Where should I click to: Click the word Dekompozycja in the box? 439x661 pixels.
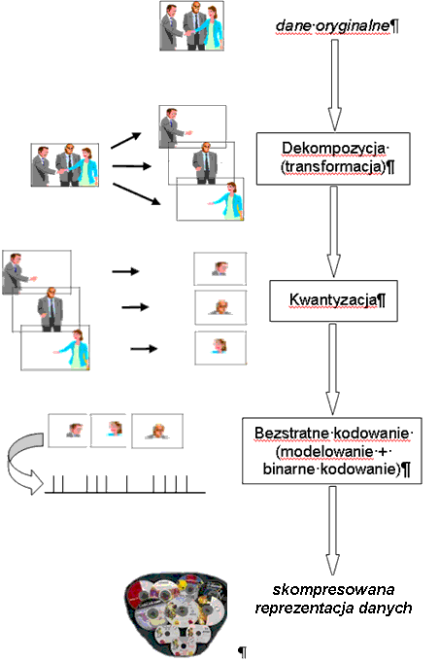point(333,149)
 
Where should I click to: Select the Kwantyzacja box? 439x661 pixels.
point(333,301)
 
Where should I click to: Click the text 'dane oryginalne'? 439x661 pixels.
point(333,26)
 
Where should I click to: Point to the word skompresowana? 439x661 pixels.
point(333,589)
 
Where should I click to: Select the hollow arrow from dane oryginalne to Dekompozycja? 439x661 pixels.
point(334,86)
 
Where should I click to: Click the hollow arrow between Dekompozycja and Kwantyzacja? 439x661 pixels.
point(334,231)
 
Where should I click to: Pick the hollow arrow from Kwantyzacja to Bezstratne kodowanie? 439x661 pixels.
point(332,368)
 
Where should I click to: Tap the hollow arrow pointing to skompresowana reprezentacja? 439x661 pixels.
point(332,531)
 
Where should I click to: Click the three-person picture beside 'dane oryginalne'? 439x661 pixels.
point(191,25)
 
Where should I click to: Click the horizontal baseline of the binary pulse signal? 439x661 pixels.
point(125,493)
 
